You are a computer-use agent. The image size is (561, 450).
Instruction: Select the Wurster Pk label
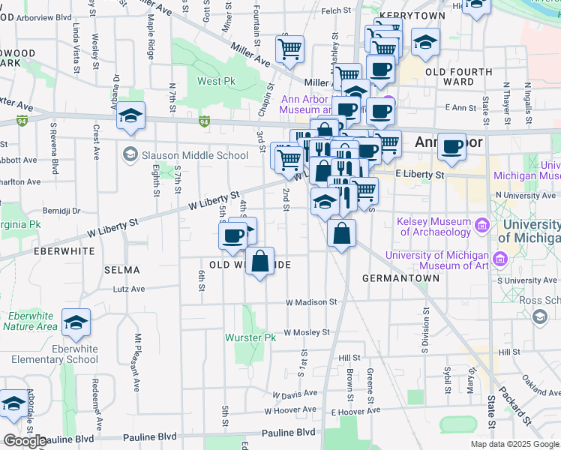tap(251, 337)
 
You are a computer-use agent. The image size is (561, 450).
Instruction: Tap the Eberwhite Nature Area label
tap(30, 320)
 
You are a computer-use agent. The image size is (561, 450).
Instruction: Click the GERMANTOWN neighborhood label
tap(400, 277)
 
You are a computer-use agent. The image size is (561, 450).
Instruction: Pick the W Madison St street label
tap(310, 302)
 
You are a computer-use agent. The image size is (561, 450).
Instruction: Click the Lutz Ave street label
tap(128, 288)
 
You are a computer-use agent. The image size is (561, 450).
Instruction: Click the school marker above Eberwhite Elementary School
tap(76, 322)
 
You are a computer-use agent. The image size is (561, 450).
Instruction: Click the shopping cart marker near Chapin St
tap(289, 49)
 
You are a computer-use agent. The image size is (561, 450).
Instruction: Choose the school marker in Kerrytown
tap(425, 42)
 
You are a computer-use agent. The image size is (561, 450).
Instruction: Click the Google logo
tap(24, 441)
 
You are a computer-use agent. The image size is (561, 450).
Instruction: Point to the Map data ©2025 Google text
tap(514, 444)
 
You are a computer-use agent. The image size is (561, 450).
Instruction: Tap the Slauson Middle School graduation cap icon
tap(130, 155)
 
